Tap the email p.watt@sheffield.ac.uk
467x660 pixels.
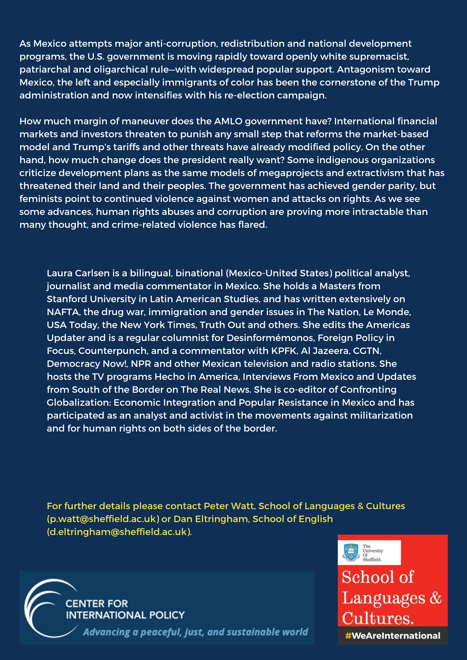click(x=103, y=519)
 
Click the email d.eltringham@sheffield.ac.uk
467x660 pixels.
click(x=119, y=532)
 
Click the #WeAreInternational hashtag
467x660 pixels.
click(x=393, y=636)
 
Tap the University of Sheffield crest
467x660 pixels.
click(x=351, y=552)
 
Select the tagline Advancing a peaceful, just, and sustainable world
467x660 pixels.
click(x=195, y=632)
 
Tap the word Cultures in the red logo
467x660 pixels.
click(x=378, y=618)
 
